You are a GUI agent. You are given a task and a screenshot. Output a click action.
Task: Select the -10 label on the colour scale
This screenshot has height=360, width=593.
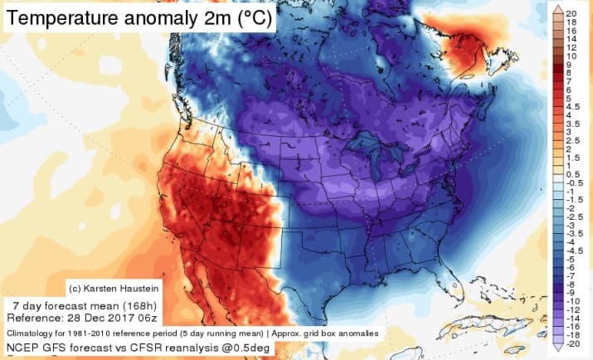click(571, 301)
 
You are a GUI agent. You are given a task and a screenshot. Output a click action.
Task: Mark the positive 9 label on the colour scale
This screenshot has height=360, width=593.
click(570, 63)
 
